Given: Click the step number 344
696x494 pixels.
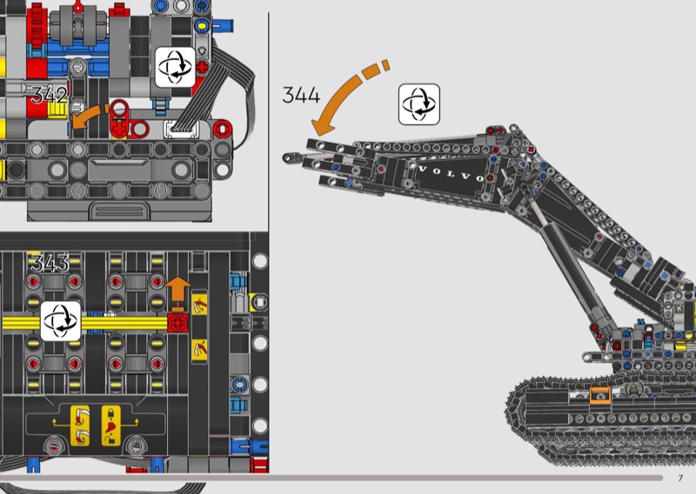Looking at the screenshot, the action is pos(301,95).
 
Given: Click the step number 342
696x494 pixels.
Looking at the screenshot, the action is pos(50,95).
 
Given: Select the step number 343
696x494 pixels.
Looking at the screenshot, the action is pos(50,263).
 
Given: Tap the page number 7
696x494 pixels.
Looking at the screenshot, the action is pos(680,478).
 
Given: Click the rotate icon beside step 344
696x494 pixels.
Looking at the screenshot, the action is pos(419,104).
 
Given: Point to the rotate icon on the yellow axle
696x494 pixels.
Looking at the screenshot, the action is pos(61,321).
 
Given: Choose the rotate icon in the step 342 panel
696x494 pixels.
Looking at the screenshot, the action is pos(176,67).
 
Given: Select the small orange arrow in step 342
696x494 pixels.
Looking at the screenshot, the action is pos(89,117).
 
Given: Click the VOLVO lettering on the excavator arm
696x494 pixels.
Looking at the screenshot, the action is pos(451,173).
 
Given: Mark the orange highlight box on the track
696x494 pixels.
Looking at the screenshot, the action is pos(600,396).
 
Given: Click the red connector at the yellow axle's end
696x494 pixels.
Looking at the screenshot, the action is pos(178,324).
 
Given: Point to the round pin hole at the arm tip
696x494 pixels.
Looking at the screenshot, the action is pos(290,157).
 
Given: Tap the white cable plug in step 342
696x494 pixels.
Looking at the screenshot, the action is pos(181,129).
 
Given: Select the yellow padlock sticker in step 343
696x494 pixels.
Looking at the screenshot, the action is pos(111,425).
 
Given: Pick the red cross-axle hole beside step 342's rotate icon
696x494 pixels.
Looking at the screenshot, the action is pos(202,68).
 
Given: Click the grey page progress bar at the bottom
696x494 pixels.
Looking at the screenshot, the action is pos(331,477).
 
